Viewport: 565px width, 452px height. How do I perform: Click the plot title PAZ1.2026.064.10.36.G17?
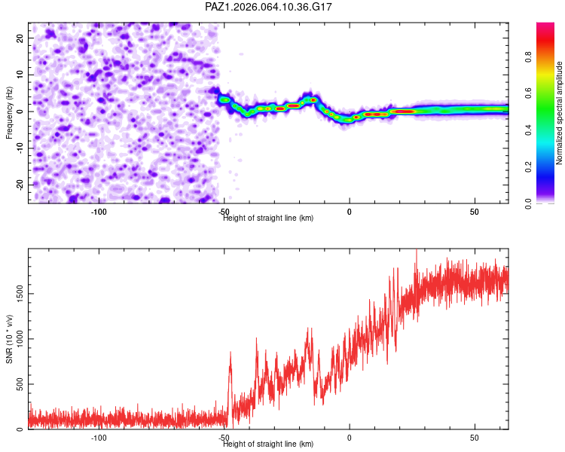(x=269, y=7)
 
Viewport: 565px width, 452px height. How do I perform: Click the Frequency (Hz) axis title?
(x=9, y=112)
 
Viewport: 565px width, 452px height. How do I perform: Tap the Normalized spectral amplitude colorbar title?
(x=559, y=113)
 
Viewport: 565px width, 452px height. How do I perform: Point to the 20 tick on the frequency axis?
(x=20, y=38)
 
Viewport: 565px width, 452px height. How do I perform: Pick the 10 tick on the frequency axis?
(x=20, y=75)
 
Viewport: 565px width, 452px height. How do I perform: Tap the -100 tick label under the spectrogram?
(x=99, y=212)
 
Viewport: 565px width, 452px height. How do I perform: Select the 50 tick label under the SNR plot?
(x=475, y=438)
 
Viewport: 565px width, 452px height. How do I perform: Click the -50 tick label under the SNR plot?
(x=224, y=438)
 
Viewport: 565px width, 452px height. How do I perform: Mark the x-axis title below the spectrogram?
(x=268, y=218)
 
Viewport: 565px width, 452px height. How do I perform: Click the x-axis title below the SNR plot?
(x=268, y=444)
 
